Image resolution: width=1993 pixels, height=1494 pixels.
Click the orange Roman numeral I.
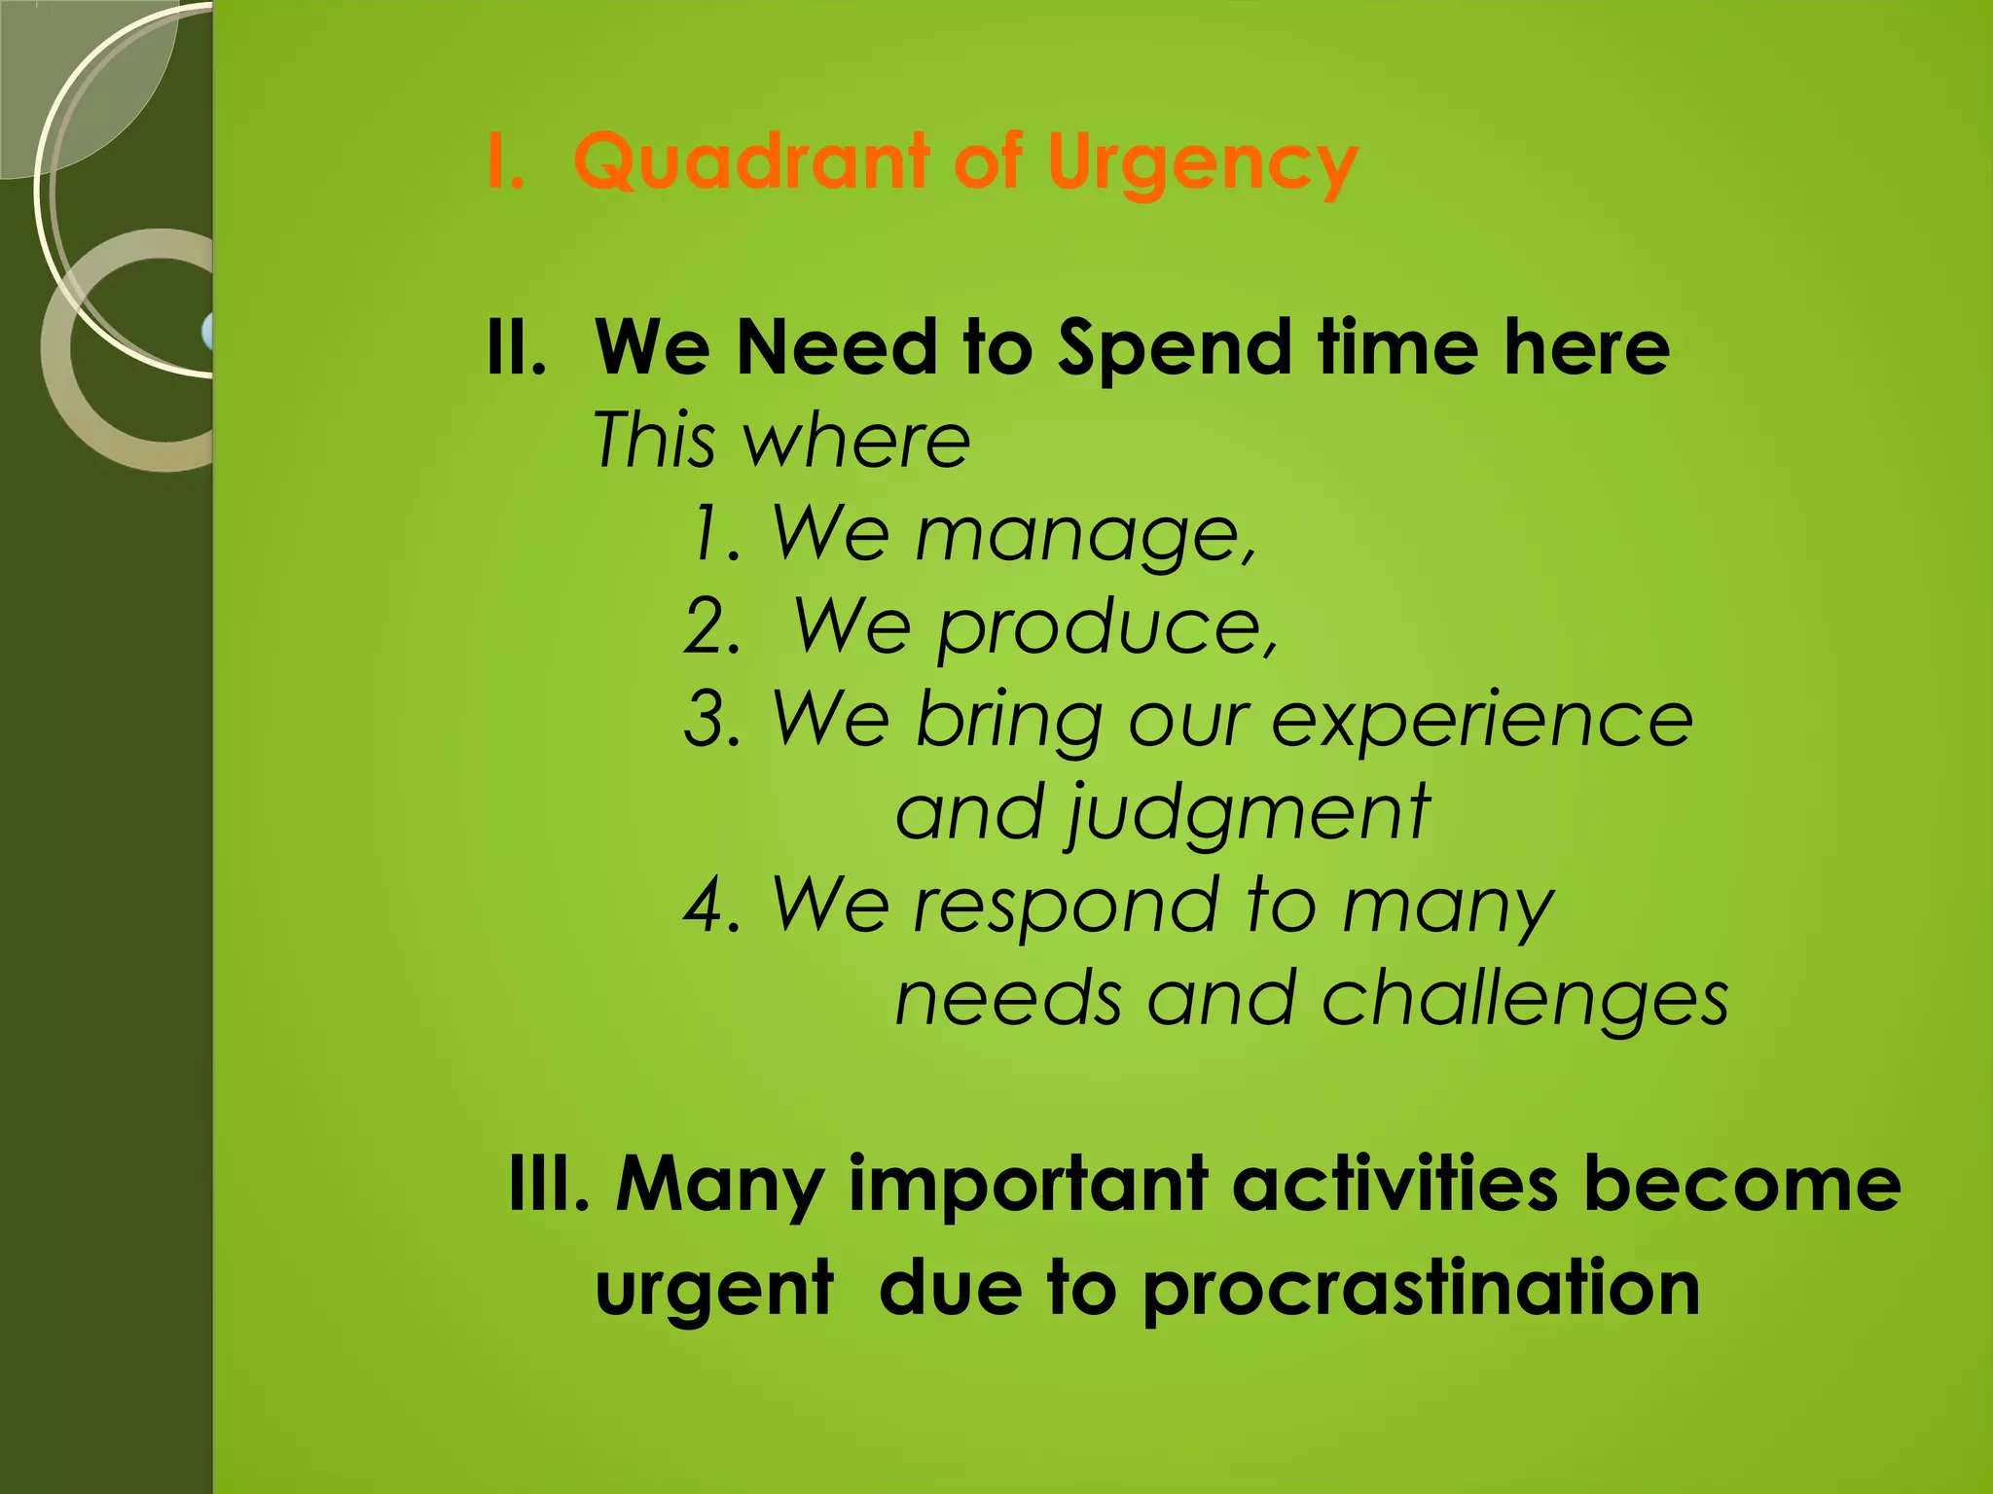504,161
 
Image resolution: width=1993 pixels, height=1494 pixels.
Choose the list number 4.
712,905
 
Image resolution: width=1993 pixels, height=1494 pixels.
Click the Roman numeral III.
549,1184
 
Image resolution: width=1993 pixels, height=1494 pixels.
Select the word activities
1395,1184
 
